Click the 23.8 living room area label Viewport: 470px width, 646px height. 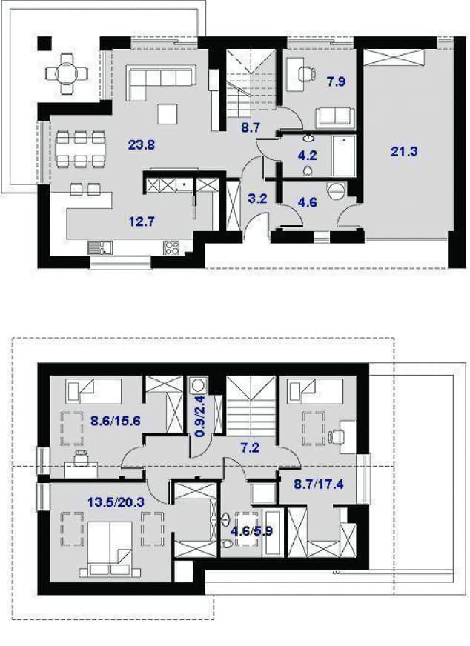click(x=142, y=145)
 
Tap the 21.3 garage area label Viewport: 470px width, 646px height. click(x=404, y=152)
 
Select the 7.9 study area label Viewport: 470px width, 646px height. click(x=336, y=81)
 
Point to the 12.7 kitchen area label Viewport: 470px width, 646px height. click(x=142, y=222)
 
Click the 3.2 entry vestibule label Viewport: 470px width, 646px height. click(x=258, y=199)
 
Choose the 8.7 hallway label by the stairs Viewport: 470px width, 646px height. click(x=251, y=127)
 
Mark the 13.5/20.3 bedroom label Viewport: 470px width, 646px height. click(x=116, y=502)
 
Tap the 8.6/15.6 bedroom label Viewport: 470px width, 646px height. click(x=116, y=421)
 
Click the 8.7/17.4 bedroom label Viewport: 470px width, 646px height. click(x=319, y=484)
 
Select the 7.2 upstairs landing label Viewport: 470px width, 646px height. click(x=250, y=448)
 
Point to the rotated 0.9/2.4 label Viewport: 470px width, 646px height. click(x=200, y=417)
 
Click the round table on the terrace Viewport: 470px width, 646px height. click(x=67, y=74)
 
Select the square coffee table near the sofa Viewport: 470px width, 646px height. click(x=168, y=114)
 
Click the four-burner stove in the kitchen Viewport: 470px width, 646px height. click(x=172, y=247)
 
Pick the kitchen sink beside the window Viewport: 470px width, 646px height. click(x=100, y=247)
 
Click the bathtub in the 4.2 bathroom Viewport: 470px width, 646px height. click(x=344, y=156)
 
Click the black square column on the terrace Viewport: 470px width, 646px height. click(x=45, y=44)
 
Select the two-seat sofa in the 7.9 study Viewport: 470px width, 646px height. click(x=335, y=117)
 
